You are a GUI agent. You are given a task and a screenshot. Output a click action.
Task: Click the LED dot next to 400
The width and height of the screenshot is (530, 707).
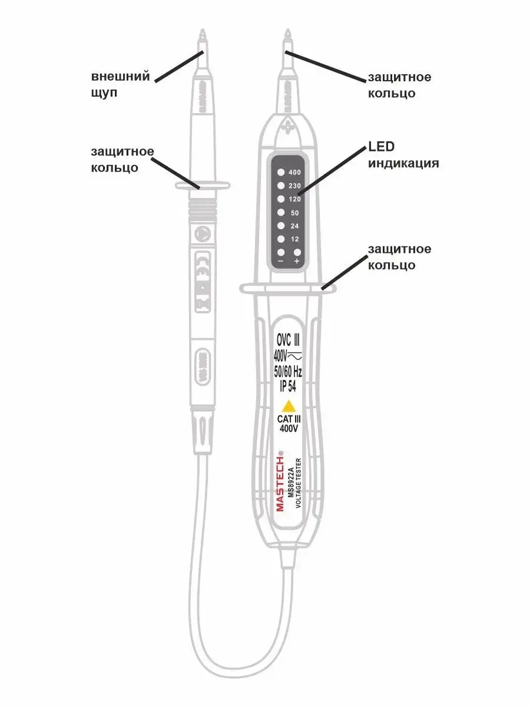281,172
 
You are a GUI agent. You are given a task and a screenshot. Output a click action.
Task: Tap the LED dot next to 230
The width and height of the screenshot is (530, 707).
281,186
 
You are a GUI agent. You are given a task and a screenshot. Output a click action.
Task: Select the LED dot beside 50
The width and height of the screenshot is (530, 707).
281,213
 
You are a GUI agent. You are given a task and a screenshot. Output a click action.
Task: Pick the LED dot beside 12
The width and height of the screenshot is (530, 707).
281,239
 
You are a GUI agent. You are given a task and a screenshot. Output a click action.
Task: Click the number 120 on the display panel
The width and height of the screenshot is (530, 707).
296,199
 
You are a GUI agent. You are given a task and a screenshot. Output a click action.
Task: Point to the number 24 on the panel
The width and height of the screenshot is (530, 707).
296,226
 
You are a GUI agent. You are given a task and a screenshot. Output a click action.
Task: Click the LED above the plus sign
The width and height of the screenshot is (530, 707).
297,252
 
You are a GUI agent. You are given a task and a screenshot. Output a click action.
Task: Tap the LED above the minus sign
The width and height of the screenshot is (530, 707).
281,252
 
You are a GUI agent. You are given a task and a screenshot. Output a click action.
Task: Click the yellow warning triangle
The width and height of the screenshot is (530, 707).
289,406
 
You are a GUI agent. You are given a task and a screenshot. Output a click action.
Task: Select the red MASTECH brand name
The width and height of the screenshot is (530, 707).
280,481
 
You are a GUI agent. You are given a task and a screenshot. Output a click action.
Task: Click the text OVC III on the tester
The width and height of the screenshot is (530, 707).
289,341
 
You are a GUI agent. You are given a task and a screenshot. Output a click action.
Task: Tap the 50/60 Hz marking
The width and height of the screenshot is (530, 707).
289,371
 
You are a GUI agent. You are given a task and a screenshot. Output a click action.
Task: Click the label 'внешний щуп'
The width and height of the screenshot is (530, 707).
121,85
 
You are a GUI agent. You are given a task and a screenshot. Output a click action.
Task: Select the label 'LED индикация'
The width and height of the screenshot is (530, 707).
403,155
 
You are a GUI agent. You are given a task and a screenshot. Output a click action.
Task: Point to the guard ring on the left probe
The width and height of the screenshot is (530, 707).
201,186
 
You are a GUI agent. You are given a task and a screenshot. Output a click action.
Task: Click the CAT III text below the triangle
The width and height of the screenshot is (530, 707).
289,419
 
